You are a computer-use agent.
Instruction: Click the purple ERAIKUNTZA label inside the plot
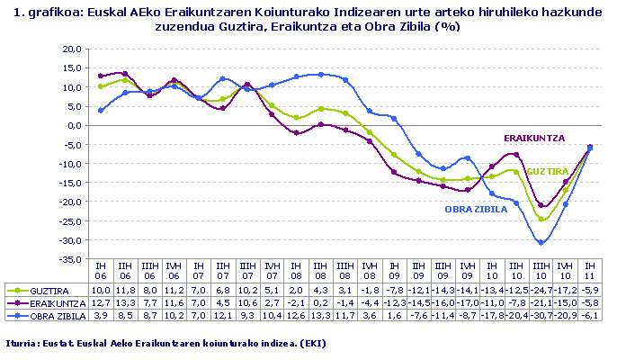coord(533,138)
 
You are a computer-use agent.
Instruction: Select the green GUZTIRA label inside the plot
coord(547,171)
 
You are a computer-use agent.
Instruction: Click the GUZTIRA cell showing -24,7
coord(541,291)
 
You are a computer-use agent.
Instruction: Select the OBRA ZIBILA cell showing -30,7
coord(541,316)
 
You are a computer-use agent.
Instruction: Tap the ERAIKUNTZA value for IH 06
coord(102,303)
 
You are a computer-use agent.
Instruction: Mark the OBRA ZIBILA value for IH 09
coord(394,316)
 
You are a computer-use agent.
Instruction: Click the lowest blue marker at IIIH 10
coord(541,242)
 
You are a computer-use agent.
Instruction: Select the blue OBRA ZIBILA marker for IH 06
coord(102,111)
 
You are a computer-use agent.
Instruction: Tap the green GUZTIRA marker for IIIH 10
coord(541,220)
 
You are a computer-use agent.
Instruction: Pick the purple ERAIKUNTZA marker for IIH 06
coord(126,74)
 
